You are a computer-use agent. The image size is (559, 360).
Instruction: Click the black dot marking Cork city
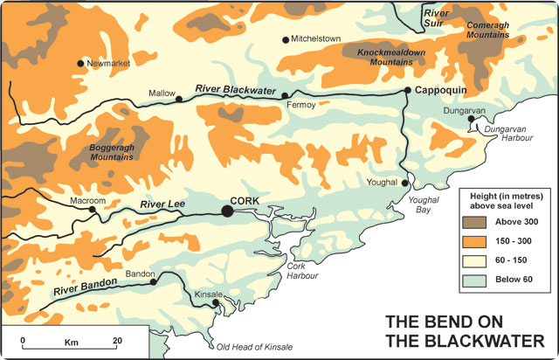227,211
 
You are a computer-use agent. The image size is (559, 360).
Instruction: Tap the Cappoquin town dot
407,90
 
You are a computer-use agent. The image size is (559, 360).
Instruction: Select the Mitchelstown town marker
285,40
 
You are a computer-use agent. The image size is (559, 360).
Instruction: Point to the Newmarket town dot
82,63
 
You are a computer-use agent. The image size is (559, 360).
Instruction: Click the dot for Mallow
179,99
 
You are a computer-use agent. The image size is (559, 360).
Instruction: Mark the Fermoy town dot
285,95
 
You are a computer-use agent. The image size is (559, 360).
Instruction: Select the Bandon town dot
153,281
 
